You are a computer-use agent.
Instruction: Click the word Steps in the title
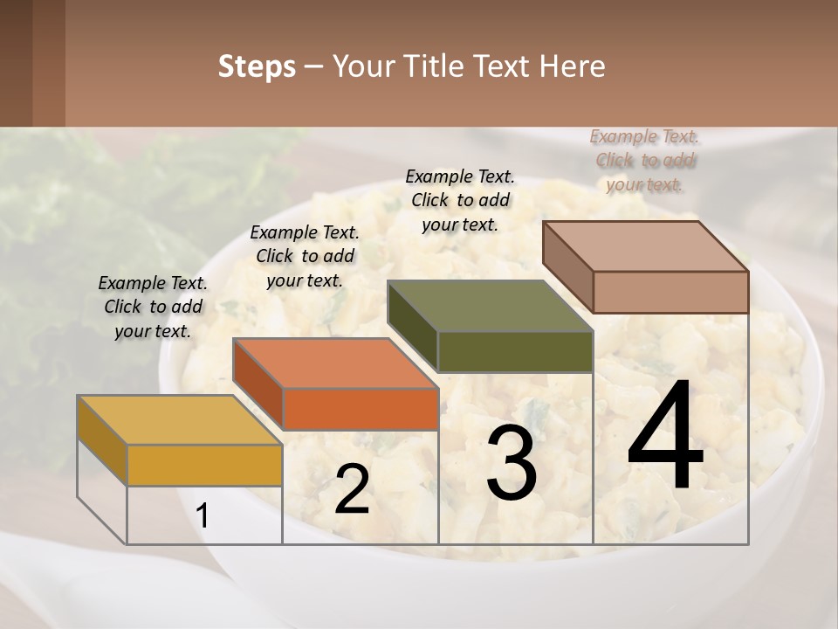click(x=257, y=66)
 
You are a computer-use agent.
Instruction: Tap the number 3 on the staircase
click(x=512, y=464)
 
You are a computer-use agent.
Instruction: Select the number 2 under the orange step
click(x=352, y=489)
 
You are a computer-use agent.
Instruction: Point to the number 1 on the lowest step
click(x=203, y=516)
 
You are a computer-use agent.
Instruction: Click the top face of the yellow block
click(x=179, y=420)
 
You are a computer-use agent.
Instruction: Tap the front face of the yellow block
click(x=204, y=465)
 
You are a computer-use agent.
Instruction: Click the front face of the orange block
click(x=361, y=409)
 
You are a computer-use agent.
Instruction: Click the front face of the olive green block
click(x=515, y=351)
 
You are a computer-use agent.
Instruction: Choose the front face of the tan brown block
click(x=670, y=292)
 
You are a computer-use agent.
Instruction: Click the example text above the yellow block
click(x=153, y=307)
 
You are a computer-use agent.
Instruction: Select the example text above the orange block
click(x=305, y=256)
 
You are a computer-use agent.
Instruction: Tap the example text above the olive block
click(x=460, y=200)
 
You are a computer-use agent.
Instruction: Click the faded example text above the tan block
click(x=645, y=160)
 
